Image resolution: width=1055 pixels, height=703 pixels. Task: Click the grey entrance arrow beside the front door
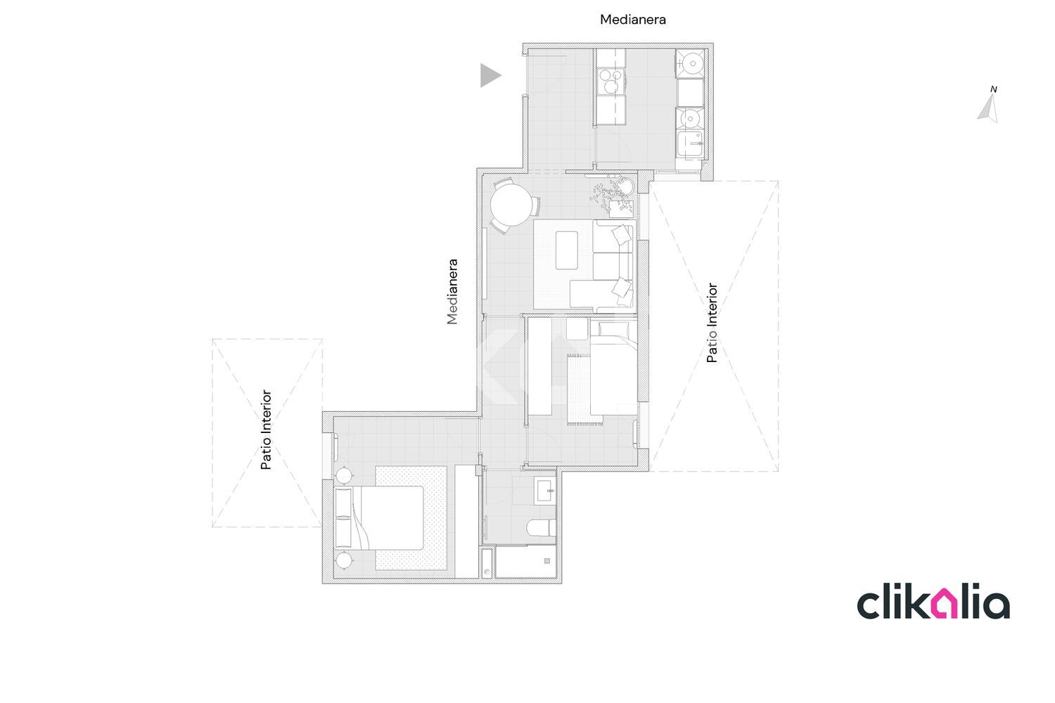point(490,75)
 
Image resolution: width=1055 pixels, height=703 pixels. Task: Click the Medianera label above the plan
point(632,20)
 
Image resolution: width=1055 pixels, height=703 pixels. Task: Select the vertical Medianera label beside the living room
point(452,292)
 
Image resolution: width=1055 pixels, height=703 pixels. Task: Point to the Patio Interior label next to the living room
point(712,323)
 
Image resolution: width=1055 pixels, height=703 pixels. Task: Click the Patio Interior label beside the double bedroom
point(266,430)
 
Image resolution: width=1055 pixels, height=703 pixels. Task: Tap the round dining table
point(511,205)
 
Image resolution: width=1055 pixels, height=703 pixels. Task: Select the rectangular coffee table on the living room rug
point(567,250)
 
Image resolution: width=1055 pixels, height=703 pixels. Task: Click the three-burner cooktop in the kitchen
point(611,81)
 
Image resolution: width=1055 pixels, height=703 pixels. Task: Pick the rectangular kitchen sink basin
point(690,144)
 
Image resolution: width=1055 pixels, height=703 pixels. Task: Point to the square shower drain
point(546,561)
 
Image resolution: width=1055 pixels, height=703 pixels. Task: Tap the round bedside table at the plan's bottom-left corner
point(344,561)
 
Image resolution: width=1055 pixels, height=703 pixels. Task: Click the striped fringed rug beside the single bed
point(584,389)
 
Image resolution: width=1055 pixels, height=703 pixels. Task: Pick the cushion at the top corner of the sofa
point(622,234)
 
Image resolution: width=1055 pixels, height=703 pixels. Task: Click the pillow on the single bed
point(613,330)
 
